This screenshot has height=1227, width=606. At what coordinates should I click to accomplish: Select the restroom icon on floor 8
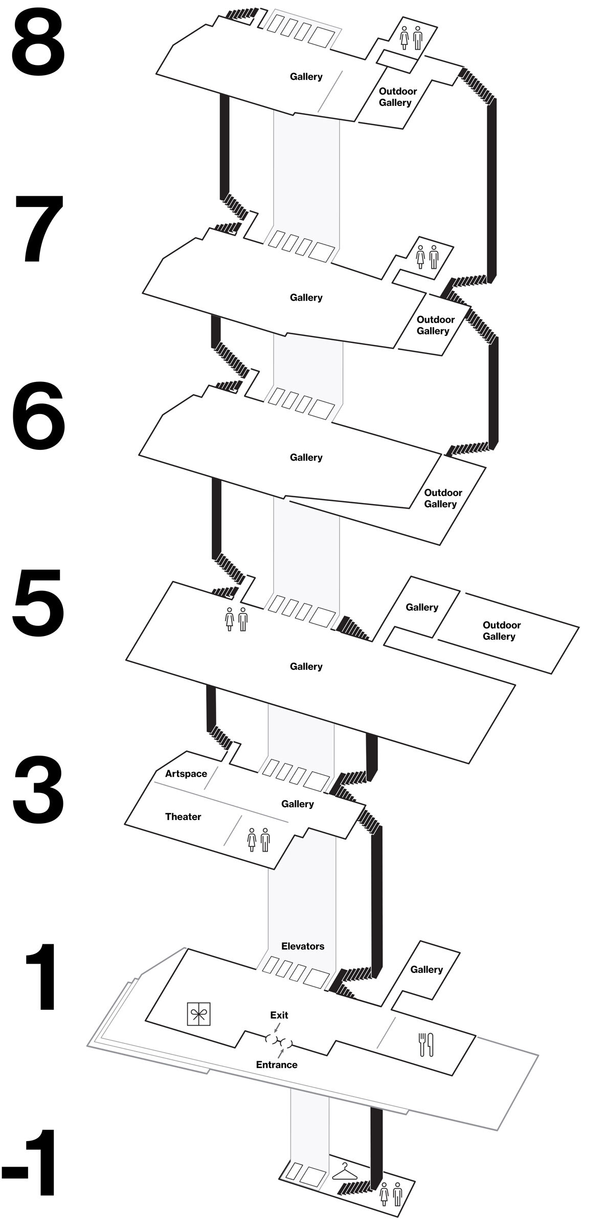(x=411, y=38)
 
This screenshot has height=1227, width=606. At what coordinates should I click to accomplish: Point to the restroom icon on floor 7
(x=427, y=257)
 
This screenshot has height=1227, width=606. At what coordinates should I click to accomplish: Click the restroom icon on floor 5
(x=236, y=619)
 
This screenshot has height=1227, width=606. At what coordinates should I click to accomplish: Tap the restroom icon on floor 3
(x=258, y=839)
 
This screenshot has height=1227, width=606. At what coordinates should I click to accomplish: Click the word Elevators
(x=303, y=946)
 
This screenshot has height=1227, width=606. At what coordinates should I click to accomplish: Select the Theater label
(x=183, y=816)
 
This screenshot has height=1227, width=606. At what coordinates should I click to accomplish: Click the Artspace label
(x=186, y=774)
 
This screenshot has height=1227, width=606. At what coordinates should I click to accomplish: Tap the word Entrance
(x=277, y=1064)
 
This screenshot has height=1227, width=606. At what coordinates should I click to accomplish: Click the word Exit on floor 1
(x=279, y=1015)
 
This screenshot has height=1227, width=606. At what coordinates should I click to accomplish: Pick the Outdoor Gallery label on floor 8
(x=397, y=97)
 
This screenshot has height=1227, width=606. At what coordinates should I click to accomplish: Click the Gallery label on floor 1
(x=426, y=969)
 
